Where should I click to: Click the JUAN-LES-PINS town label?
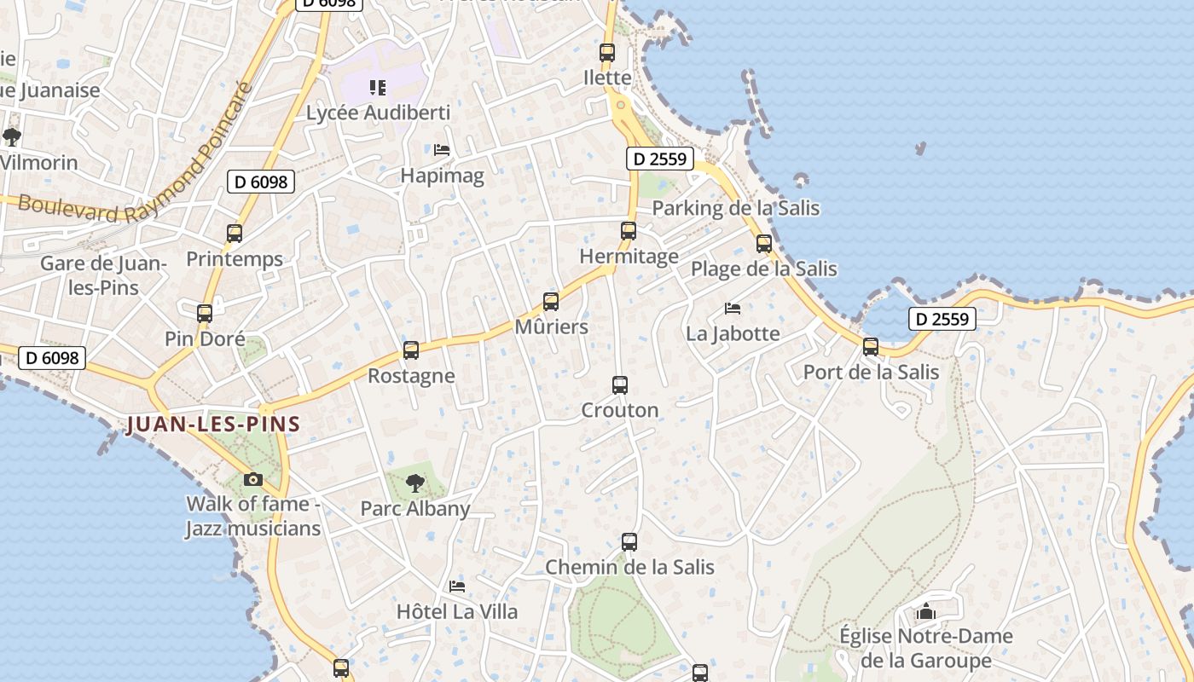pos(213,424)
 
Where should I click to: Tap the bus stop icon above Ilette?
pos(607,53)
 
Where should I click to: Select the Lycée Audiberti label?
pos(378,113)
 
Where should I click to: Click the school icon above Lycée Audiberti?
pos(377,87)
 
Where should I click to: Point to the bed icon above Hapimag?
pos(442,150)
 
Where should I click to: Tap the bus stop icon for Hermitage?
pos(629,230)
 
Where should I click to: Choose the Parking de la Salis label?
pos(735,208)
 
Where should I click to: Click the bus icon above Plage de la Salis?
pos(764,244)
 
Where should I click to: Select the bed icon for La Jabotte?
pos(732,309)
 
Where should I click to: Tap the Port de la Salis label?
pos(871,373)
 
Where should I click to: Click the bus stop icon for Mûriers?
pos(551,302)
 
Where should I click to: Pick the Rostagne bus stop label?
pos(411,376)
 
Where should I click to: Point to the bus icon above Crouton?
pos(620,385)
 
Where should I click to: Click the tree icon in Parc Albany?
pos(415,483)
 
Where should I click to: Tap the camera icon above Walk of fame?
pos(253,479)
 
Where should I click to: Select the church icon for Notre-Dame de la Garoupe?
pos(926,611)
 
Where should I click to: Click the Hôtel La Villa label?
pos(457,611)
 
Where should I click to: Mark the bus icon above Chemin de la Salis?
pos(629,542)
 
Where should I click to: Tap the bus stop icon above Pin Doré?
pos(205,314)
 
